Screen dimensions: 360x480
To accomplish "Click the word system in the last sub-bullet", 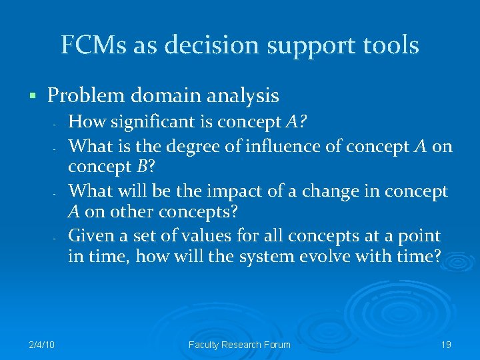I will tap(266, 258).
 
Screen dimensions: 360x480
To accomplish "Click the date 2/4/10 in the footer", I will tap(41, 345).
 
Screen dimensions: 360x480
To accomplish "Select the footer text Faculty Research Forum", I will tap(239, 345).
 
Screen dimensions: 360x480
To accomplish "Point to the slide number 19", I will tap(446, 345).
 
